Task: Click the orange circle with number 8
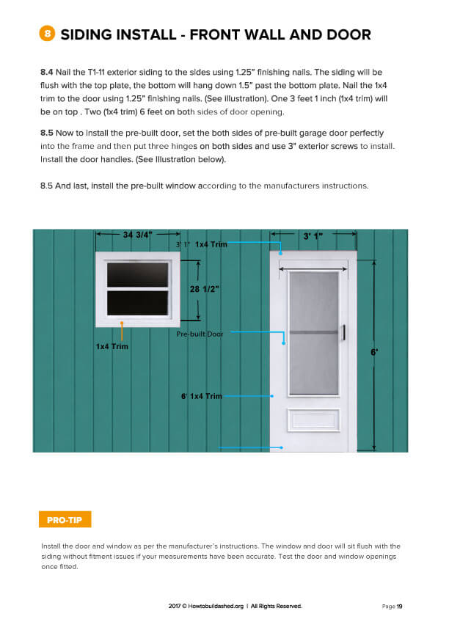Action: pyautogui.click(x=47, y=34)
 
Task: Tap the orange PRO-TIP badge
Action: pyautogui.click(x=65, y=520)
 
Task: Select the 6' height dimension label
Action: pyautogui.click(x=375, y=352)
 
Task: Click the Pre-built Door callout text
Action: pyautogui.click(x=200, y=334)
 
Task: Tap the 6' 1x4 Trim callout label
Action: pyautogui.click(x=201, y=396)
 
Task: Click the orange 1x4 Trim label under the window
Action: pyautogui.click(x=112, y=346)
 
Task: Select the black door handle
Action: pyautogui.click(x=343, y=332)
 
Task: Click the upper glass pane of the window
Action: pyautogui.click(x=137, y=275)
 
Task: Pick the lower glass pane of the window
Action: pyautogui.click(x=137, y=303)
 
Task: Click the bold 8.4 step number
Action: pyautogui.click(x=48, y=73)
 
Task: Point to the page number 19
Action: pyautogui.click(x=400, y=607)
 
